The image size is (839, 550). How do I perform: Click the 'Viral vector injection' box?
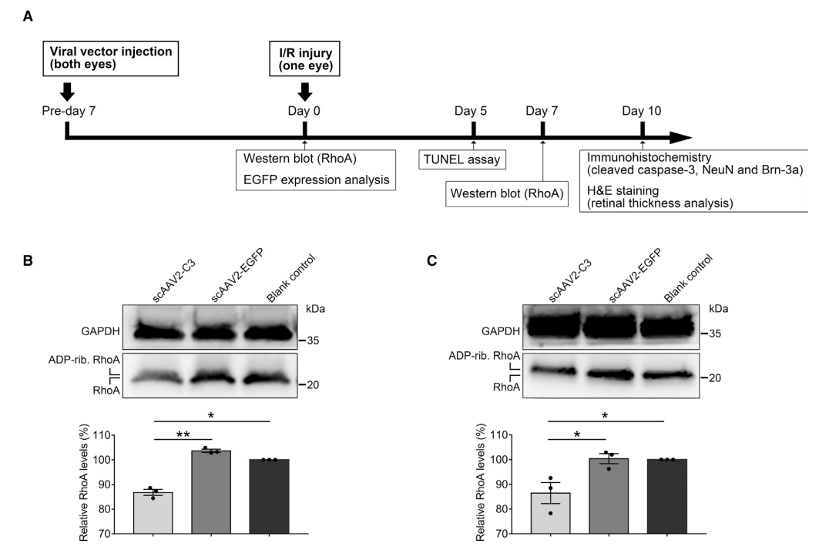tap(111, 59)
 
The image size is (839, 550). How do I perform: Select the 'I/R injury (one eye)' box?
tap(304, 59)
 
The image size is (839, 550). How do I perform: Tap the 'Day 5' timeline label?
tap(471, 111)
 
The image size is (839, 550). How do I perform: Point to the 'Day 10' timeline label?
tap(642, 111)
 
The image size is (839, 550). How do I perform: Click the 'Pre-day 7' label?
tap(69, 111)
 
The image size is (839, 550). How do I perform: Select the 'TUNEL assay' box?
tap(461, 159)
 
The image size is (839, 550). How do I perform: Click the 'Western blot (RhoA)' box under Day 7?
tap(507, 193)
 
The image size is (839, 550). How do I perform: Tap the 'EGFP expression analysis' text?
tap(316, 179)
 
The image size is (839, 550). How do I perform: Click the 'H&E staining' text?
tap(623, 190)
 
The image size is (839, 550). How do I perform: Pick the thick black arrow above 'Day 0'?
tap(305, 92)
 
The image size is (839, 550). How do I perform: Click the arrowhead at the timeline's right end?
tap(680, 137)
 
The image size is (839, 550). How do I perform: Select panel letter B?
tap(28, 260)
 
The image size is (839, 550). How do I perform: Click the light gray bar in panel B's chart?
tap(153, 512)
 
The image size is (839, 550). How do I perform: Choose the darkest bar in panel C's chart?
tap(666, 497)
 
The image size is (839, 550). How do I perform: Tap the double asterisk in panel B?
tap(183, 434)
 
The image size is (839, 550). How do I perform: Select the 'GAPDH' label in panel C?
tap(500, 331)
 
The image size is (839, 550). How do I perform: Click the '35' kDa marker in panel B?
tap(313, 340)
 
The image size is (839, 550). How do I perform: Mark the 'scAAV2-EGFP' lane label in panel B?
tap(237, 276)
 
